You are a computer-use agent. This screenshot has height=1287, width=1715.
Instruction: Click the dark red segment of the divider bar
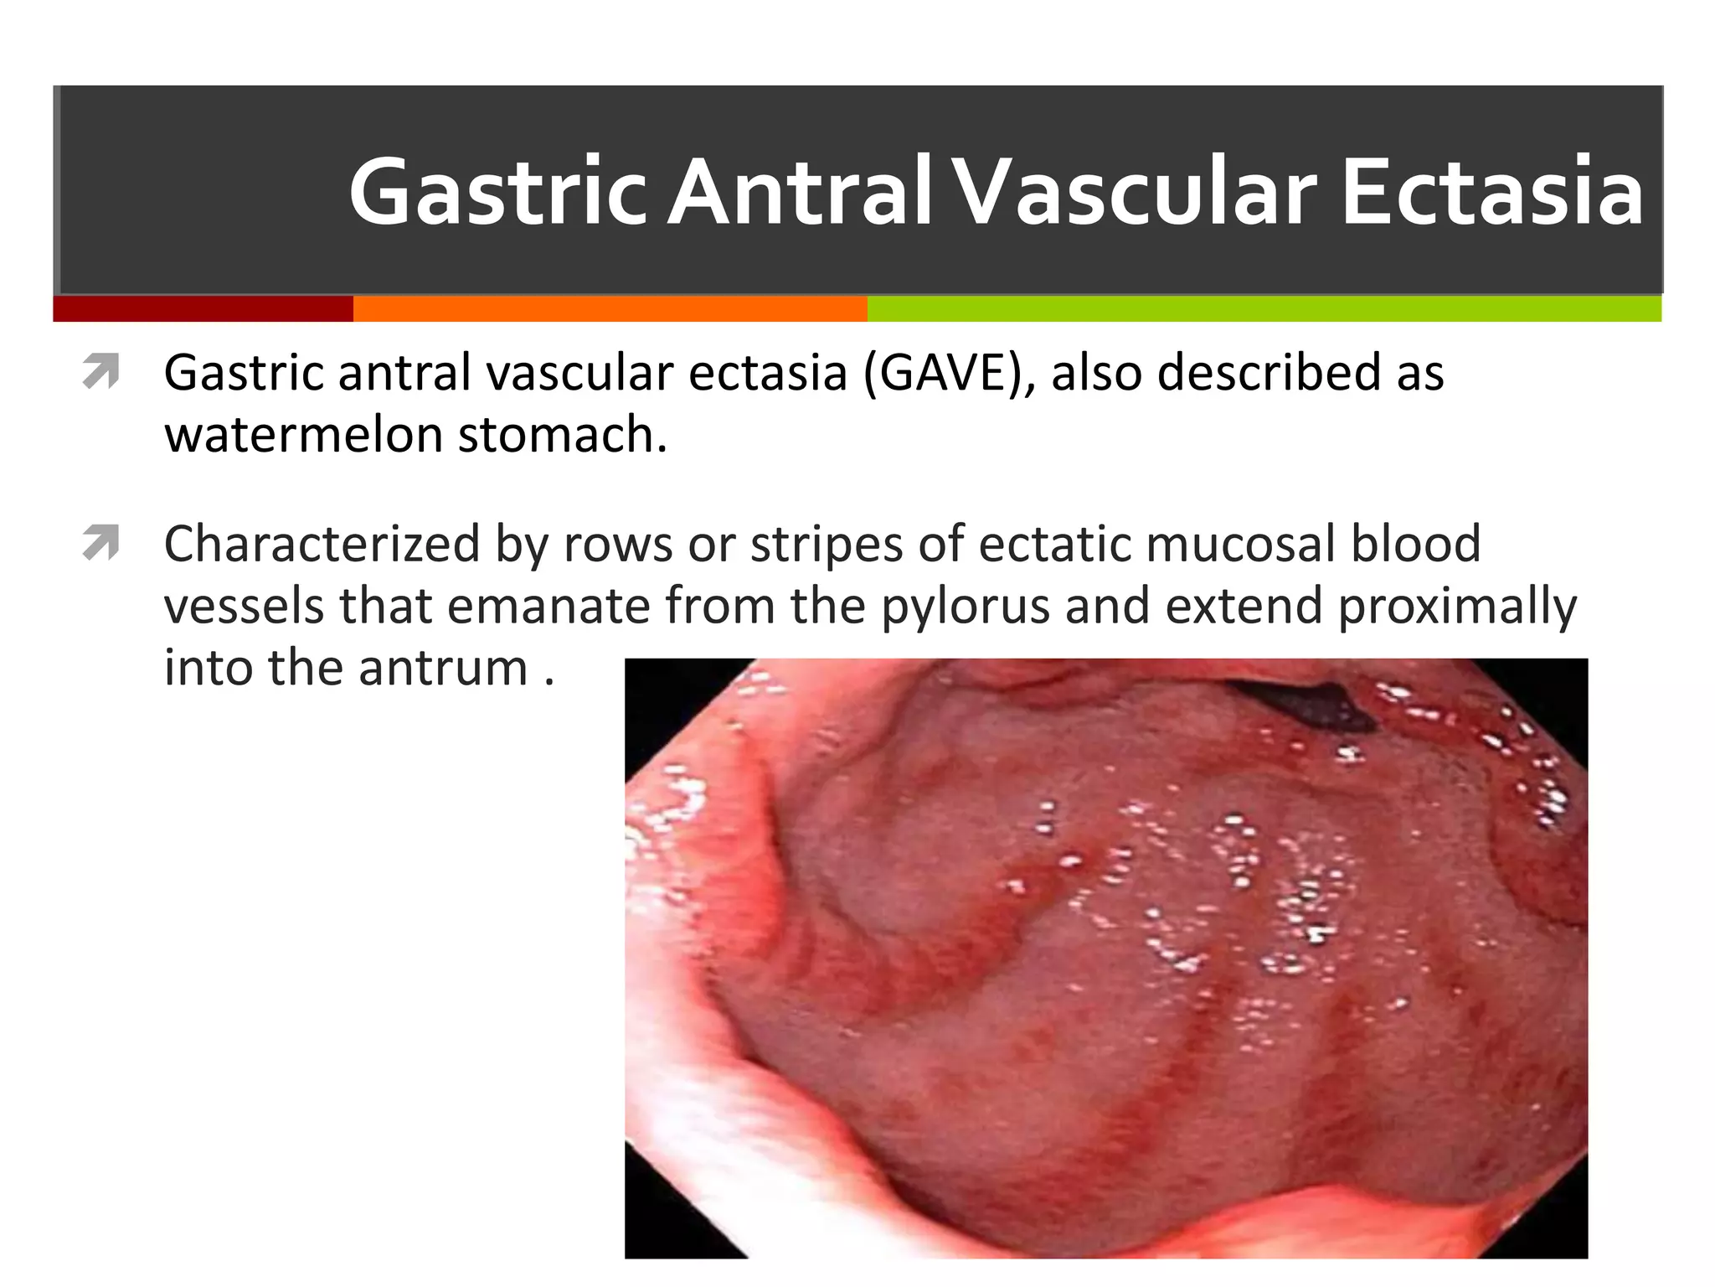[203, 308]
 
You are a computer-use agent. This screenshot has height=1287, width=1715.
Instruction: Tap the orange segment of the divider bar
[610, 308]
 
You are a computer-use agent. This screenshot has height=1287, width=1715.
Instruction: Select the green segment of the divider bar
[1264, 308]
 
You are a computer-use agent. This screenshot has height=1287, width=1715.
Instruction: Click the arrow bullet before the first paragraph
[101, 372]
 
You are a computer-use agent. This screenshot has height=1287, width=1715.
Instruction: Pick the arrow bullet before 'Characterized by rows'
[101, 543]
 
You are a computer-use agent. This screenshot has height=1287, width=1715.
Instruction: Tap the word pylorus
[966, 607]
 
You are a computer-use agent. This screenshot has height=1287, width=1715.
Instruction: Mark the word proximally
[1458, 607]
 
